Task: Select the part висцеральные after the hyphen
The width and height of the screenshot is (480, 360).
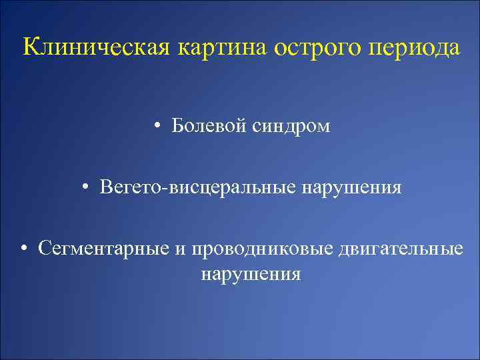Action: (x=231, y=187)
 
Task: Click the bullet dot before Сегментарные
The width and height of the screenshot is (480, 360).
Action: (x=24, y=250)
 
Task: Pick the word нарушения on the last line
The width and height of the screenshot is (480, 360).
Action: (x=250, y=273)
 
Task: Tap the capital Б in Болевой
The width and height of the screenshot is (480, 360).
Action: (x=177, y=125)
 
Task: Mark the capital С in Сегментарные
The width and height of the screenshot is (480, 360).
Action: (x=45, y=249)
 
